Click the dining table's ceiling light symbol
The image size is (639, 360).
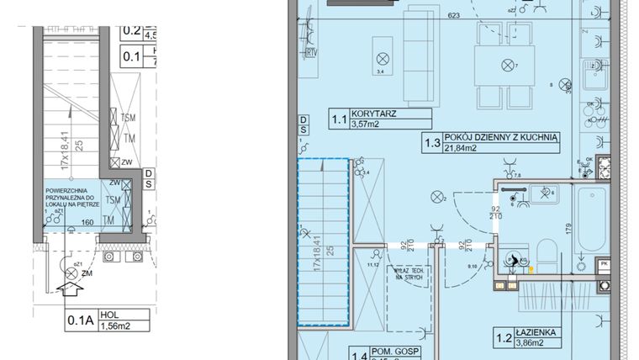point(506,65)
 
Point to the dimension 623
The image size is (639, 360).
point(454,15)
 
